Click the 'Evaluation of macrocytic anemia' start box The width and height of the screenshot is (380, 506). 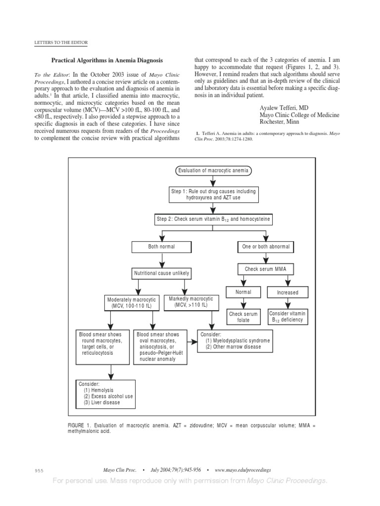point(213,171)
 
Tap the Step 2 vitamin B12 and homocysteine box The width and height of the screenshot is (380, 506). point(213,219)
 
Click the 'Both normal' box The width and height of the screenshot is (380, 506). point(161,246)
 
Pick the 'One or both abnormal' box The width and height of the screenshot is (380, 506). point(265,246)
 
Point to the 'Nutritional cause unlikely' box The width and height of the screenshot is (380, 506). point(161,273)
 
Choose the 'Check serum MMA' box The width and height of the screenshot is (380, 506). point(265,269)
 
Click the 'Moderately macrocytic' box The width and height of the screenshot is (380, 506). point(132,303)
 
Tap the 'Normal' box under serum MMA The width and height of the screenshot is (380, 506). point(243,292)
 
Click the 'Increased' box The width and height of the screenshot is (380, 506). point(287,292)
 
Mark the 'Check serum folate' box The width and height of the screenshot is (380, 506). point(243,317)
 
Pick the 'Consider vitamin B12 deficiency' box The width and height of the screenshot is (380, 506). point(287,317)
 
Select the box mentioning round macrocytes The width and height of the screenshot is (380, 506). point(103,343)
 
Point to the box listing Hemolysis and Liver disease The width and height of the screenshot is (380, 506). point(106,393)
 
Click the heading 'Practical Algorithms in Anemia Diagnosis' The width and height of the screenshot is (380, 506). point(107,60)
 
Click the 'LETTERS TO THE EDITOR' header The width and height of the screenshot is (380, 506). point(58,43)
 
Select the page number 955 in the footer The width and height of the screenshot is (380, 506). point(41,470)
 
